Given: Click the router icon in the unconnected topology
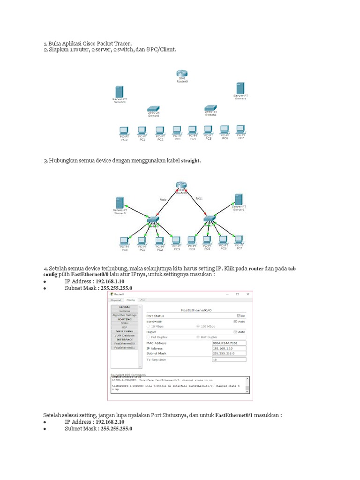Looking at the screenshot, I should (182, 73).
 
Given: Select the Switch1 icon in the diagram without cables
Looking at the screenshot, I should (210, 108).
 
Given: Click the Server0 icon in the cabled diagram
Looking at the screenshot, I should (120, 203).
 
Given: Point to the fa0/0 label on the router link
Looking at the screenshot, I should (163, 200).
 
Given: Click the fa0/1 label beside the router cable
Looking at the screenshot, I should (199, 199).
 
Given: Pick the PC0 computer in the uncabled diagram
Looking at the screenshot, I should (124, 131).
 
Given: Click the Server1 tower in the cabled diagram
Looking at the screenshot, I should (239, 199).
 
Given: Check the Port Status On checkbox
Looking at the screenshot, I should (239, 316).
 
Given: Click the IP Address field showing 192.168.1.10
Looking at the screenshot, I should (229, 348).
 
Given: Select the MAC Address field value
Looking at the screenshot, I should (229, 343).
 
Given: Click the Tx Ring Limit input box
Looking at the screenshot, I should (229, 360).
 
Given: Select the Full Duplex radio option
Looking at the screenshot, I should (149, 337).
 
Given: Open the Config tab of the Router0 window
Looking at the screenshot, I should (130, 300).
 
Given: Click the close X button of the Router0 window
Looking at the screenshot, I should (247, 294).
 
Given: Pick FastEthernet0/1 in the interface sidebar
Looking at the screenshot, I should (124, 347).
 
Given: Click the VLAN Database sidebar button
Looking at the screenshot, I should (124, 335).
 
